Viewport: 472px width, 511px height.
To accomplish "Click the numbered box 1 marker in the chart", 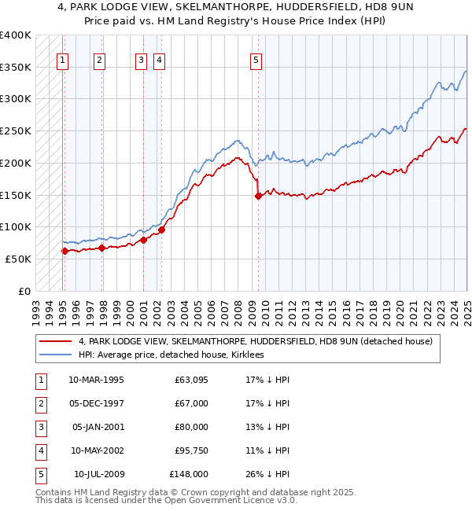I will tap(62, 58).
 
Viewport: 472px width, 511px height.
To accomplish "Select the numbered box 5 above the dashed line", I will tap(257, 58).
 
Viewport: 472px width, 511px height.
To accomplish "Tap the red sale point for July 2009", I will tap(258, 197).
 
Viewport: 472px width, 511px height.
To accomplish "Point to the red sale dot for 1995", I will tap(65, 251).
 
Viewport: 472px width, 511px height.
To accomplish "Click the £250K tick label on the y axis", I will tap(16, 131).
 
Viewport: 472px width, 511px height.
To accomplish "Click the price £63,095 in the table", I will tap(192, 380).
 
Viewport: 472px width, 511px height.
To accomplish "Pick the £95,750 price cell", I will tap(192, 450).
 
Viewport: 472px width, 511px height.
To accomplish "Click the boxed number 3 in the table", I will tap(39, 427).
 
